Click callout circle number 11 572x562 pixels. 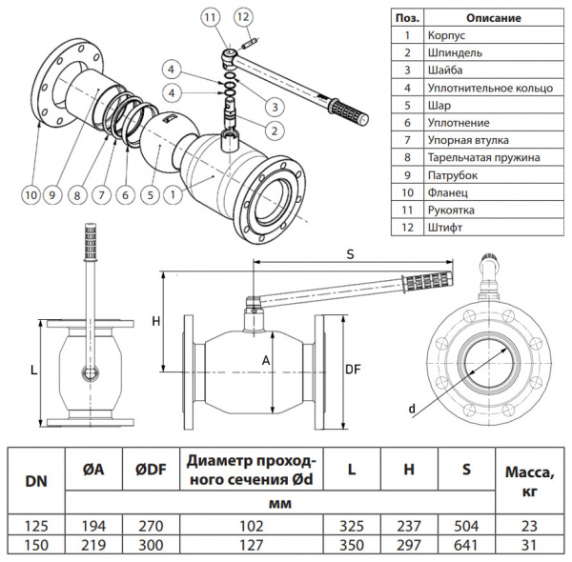click(x=210, y=17)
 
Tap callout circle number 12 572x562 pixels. click(x=243, y=17)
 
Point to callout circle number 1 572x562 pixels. click(x=173, y=194)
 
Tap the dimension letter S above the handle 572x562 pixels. click(x=351, y=254)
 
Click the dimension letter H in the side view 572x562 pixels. click(x=156, y=321)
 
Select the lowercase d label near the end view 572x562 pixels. click(x=412, y=409)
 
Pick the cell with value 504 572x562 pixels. click(x=466, y=525)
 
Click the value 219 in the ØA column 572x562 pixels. click(x=94, y=544)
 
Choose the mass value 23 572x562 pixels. click(x=527, y=525)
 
